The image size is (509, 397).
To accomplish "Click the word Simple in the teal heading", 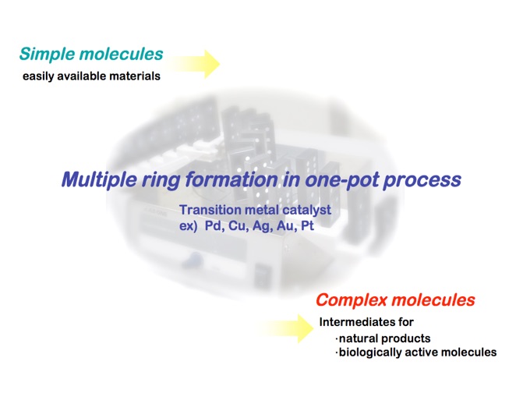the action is coord(48,55).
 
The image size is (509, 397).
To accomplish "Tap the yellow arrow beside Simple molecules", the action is coord(193,64).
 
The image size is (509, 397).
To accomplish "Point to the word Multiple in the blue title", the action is coord(99,179).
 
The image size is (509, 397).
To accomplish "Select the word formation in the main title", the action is coord(232,179).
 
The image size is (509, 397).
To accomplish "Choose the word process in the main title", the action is coord(422,180).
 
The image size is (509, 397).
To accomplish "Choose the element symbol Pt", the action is coord(307,225).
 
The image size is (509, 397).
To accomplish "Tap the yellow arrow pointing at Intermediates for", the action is coord(286,328).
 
